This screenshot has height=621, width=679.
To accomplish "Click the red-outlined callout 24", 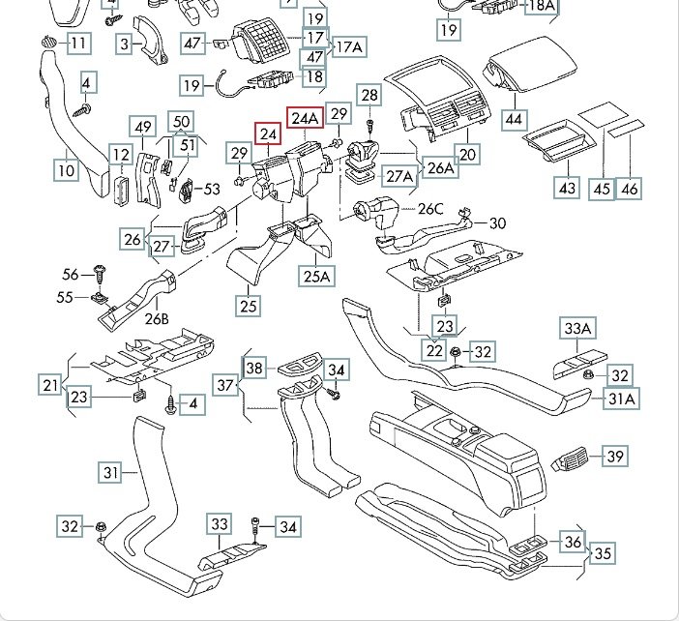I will coord(268,134).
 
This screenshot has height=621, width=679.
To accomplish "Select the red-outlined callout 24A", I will coord(305,118).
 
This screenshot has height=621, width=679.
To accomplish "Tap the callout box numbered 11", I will coord(77,43).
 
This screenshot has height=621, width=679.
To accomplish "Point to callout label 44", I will coord(514,121).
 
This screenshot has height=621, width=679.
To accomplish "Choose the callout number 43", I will coord(567,187).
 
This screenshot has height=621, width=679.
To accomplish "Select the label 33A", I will coord(577,329).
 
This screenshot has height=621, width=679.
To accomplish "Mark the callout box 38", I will coord(253,368).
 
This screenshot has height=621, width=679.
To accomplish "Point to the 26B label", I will coord(157,318).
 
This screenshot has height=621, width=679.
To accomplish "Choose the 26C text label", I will coord(430,209).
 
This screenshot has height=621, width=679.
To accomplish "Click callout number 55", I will coord(65,297).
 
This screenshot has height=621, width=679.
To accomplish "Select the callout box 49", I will coord(144,127).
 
